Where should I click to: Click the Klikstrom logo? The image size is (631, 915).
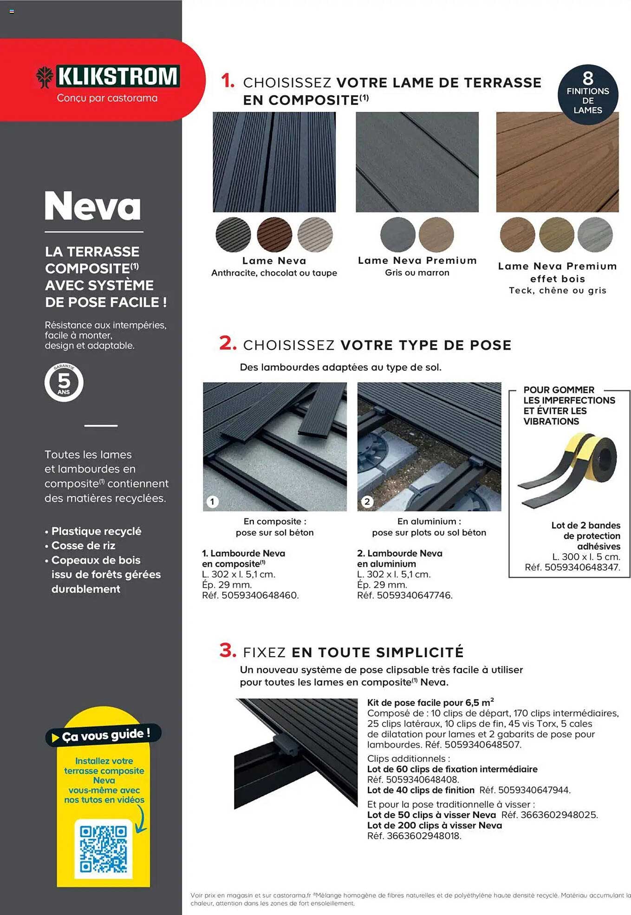108,77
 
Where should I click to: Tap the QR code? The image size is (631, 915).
103,849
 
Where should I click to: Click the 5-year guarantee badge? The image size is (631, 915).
64,382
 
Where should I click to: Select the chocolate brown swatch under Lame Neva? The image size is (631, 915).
274,235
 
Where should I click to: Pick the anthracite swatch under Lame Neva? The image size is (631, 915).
233,235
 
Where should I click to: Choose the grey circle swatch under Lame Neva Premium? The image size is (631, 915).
397,235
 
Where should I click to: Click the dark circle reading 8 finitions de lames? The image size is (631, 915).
587,94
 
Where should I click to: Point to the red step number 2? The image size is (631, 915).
228,343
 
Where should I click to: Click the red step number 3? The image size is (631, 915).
228,650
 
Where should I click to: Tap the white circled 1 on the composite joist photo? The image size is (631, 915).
213,502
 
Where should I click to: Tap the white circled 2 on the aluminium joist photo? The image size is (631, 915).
367,502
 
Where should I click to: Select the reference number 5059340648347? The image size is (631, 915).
582,567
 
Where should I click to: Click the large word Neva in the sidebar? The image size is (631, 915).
93,206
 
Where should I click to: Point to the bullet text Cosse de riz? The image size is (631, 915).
83,545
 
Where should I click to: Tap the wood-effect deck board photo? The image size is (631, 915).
557,162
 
